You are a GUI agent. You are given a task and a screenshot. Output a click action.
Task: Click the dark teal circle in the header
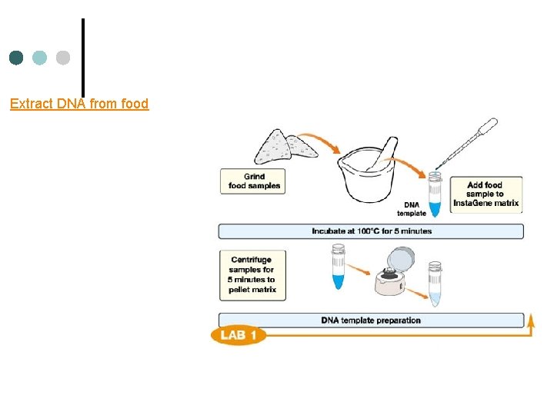pos(16,58)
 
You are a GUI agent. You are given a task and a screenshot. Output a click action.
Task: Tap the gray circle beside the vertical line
pos(63,58)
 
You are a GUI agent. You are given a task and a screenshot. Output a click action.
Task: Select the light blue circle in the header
pos(40,58)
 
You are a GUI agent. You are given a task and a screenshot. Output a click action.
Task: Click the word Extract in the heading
pos(32,103)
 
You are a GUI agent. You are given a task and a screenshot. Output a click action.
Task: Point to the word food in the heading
pos(135,103)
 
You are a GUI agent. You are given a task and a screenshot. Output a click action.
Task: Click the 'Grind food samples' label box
pos(253,181)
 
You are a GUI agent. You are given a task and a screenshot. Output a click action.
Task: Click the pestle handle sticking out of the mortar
pos(390,148)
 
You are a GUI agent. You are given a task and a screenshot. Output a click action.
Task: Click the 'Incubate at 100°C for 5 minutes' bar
pos(371,231)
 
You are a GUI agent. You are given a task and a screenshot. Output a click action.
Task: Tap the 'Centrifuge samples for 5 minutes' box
pos(252,274)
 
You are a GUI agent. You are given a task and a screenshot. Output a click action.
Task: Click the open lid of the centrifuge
pos(405,261)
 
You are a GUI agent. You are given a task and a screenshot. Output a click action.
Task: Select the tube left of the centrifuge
pos(338,267)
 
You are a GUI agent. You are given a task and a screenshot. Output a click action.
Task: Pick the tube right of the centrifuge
pos(435,284)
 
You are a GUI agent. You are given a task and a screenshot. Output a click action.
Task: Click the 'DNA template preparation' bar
pos(371,320)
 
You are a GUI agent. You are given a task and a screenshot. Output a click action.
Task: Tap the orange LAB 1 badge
pos(239,336)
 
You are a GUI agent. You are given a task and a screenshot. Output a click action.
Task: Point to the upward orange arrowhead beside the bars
pos(531,321)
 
